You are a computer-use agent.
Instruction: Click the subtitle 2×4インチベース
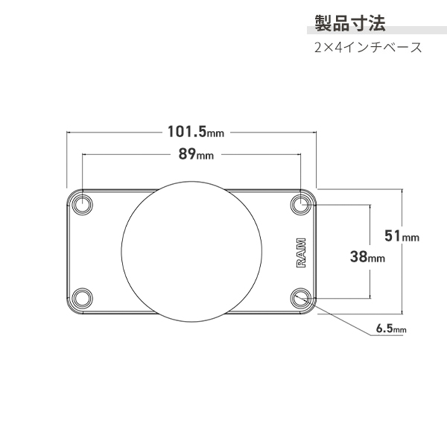click(368, 47)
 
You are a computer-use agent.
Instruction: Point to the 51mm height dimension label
click(402, 235)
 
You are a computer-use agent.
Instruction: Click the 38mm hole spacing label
click(367, 258)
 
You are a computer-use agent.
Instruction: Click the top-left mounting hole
click(83, 203)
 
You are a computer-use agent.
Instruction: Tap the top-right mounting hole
click(302, 203)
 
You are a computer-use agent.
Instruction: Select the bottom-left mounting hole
click(83, 298)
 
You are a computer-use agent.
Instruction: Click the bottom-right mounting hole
click(302, 298)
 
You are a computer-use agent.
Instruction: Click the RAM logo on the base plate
click(299, 251)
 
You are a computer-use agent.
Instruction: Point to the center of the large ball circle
click(192, 250)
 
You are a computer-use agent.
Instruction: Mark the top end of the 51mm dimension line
click(403, 188)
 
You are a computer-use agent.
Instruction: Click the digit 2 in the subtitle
click(318, 47)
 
